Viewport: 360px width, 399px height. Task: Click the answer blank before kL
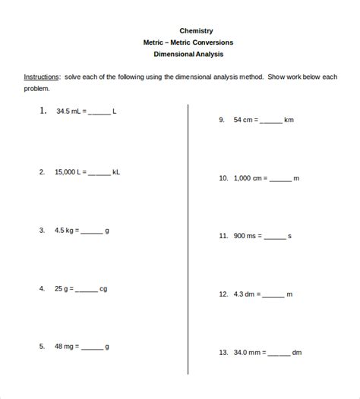tap(99, 174)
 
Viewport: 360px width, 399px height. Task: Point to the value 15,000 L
tap(69, 172)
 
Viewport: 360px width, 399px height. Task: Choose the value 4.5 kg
tap(65, 230)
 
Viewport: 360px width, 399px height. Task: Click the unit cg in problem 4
tap(103, 288)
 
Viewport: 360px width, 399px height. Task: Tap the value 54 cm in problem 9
tap(246, 120)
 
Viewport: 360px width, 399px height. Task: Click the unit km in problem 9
tap(289, 120)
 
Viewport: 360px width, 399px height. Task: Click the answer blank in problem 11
tap(275, 237)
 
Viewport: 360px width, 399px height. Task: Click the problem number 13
tap(223, 352)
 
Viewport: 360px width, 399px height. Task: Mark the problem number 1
tap(43, 111)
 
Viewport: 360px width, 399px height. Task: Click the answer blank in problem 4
tap(86, 290)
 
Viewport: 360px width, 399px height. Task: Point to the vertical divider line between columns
tap(188, 228)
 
